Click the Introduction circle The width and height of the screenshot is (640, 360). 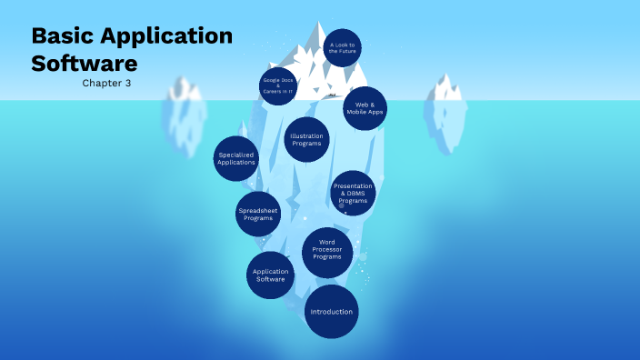[331, 312]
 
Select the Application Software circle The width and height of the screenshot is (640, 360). [270, 275]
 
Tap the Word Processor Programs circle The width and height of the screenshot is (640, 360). [327, 252]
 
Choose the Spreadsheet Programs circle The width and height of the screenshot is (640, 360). [258, 214]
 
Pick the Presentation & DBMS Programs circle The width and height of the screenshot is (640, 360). [352, 193]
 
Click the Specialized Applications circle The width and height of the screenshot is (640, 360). [236, 158]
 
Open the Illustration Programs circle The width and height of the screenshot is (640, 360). [306, 140]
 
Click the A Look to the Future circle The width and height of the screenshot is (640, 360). [343, 48]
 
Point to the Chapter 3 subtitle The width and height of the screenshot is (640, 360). [107, 83]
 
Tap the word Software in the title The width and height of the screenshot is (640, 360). [85, 64]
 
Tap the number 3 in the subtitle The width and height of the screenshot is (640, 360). [128, 83]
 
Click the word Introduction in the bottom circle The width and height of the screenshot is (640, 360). [331, 312]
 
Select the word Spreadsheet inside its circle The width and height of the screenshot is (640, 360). [258, 210]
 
